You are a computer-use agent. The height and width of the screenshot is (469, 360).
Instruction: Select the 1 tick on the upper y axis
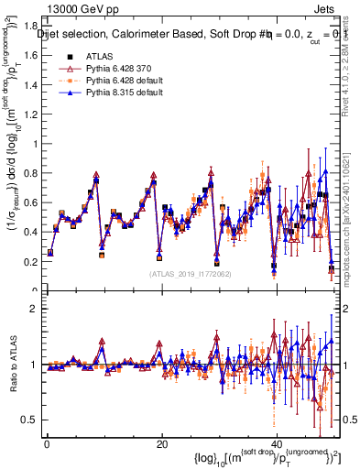click(36, 144)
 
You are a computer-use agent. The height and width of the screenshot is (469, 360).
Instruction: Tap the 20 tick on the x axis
click(161, 444)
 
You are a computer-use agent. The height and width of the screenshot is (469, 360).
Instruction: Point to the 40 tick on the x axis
click(277, 444)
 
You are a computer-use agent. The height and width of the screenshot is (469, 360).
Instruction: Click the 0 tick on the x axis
click(46, 444)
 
